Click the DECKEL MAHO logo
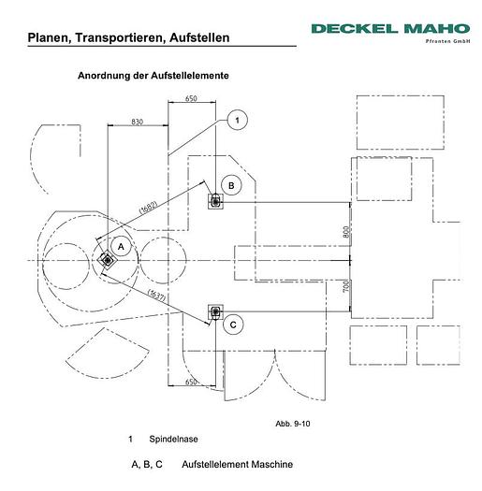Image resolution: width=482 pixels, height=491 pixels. coord(390,32)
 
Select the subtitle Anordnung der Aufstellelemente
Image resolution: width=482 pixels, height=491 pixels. coord(153,76)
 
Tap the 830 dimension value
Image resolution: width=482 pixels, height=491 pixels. coord(138,122)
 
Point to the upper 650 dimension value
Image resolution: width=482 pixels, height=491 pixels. coord(191,98)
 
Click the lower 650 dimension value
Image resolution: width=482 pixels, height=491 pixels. coord(191,382)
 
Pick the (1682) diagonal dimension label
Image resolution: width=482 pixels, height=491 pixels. coord(148,207)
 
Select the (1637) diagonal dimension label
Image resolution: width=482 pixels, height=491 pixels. coord(156,295)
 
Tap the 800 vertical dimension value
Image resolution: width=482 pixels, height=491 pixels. coord(346,232)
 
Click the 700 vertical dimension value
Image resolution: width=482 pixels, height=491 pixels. coord(346,286)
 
